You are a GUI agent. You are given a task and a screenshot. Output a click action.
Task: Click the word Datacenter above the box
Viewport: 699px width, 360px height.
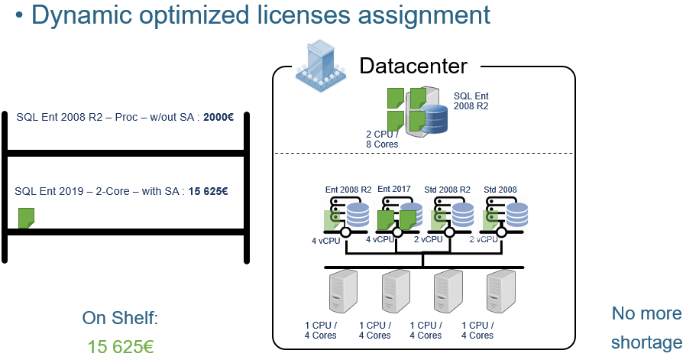[x=413, y=66]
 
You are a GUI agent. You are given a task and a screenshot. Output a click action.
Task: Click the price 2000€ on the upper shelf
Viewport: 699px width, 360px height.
[x=218, y=117]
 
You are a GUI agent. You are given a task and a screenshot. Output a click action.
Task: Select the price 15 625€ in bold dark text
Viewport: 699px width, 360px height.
[x=209, y=191]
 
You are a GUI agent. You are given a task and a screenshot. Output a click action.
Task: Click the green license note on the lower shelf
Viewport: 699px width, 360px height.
[x=26, y=218]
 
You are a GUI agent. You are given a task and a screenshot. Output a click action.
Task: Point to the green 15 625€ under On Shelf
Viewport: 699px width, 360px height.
[x=121, y=346]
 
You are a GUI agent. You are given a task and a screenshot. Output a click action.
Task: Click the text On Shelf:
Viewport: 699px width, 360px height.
[x=121, y=318]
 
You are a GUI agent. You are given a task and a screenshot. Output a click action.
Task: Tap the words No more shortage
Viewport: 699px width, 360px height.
[x=646, y=328]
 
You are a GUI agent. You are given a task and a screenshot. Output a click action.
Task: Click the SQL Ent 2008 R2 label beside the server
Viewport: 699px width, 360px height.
[x=471, y=101]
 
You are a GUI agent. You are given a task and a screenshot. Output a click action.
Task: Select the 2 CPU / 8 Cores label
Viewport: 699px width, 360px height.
[x=382, y=139]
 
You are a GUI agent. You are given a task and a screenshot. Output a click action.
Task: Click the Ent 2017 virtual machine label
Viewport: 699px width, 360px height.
[x=394, y=189]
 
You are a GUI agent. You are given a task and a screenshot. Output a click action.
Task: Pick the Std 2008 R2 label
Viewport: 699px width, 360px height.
[x=447, y=190]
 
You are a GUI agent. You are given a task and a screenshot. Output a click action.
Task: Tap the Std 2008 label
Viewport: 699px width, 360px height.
[x=500, y=190]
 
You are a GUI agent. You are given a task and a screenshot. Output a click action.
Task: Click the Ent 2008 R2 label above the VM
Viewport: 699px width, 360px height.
[x=348, y=190]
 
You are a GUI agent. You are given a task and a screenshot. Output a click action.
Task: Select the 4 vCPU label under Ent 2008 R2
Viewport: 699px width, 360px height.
[x=326, y=241]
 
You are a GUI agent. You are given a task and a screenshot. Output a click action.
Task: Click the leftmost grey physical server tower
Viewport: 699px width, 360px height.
[x=343, y=292]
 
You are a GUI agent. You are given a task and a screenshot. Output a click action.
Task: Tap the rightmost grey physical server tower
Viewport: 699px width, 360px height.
[x=500, y=292]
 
